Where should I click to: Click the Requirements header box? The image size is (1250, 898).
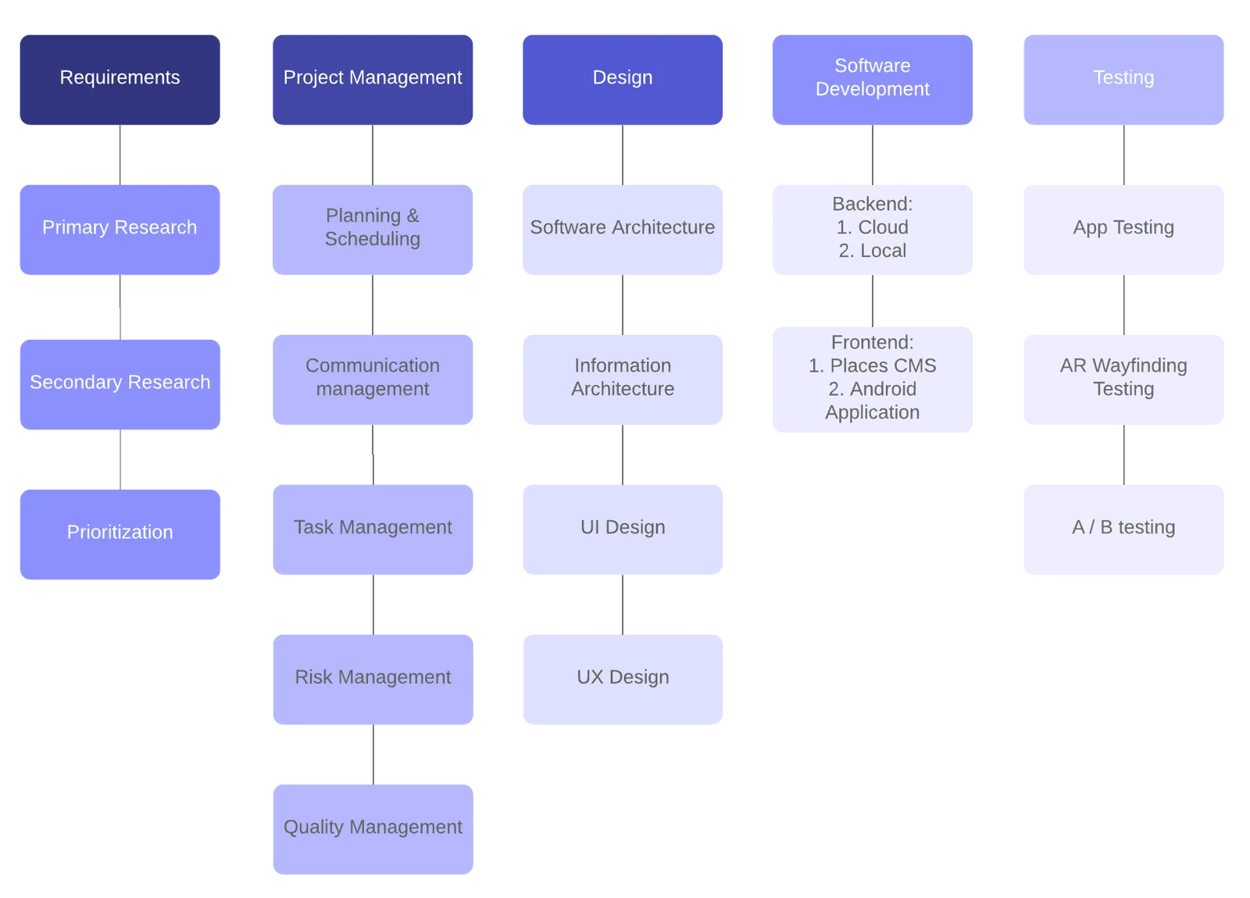(120, 80)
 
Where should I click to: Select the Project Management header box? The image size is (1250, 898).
(373, 80)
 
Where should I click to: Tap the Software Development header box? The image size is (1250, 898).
(873, 80)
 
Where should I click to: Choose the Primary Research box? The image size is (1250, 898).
(120, 230)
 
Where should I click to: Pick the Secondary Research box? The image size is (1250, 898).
(120, 385)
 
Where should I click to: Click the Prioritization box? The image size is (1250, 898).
(120, 535)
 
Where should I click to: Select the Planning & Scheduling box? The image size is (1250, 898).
(373, 230)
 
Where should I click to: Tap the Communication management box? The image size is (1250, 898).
(373, 380)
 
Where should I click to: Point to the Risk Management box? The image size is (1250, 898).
(373, 680)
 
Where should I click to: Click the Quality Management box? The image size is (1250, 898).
(373, 830)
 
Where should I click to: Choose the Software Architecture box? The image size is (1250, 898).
(623, 230)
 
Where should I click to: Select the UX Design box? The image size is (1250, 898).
(623, 680)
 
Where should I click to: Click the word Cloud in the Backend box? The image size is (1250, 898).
(884, 227)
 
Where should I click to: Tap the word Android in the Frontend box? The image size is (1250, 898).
(883, 390)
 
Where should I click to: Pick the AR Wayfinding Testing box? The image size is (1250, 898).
(1124, 380)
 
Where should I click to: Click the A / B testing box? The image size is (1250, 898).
(1124, 530)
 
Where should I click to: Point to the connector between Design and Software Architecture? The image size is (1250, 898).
(623, 155)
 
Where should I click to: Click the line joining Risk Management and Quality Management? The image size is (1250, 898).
(373, 755)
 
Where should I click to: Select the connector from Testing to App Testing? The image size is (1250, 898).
(1124, 155)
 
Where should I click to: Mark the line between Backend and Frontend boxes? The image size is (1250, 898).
(873, 301)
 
